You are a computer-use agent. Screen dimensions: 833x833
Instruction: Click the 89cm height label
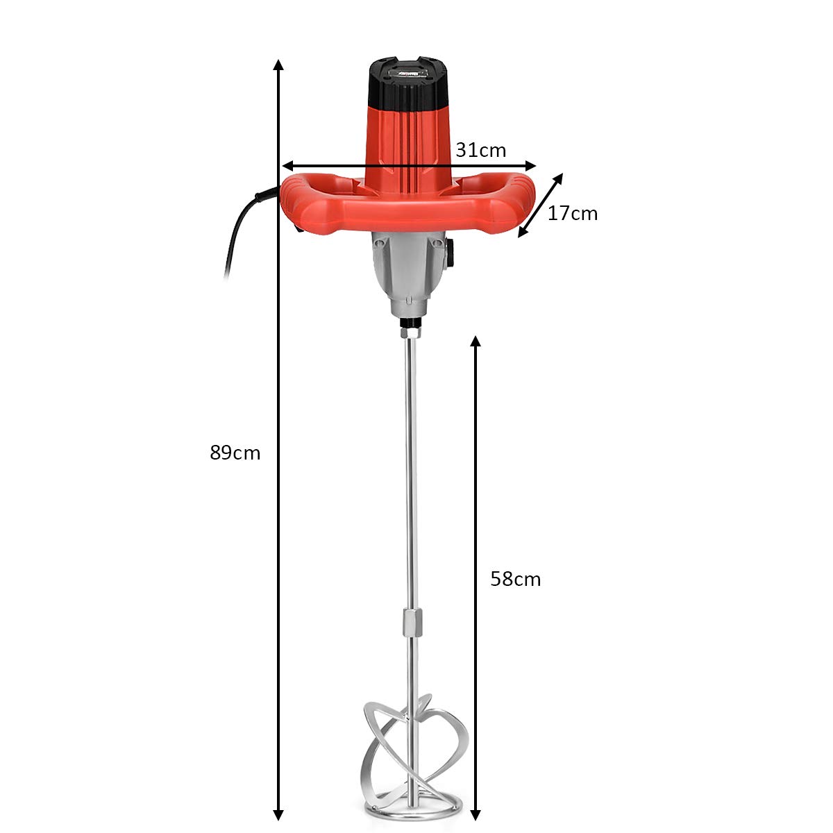[x=235, y=453]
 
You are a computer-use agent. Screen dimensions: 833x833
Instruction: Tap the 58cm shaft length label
[x=515, y=579]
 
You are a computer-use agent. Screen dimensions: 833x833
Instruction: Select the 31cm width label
[x=481, y=150]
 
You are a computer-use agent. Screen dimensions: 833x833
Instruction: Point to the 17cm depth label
[x=572, y=214]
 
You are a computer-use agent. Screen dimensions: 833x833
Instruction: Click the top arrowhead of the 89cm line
[x=278, y=65]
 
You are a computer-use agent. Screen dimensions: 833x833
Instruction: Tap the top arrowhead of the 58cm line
[x=476, y=342]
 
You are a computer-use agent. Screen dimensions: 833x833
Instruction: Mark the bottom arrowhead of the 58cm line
[x=476, y=814]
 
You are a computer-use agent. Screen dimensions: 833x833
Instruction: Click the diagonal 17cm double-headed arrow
[x=541, y=205]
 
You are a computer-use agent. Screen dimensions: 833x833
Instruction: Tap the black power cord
[x=239, y=229]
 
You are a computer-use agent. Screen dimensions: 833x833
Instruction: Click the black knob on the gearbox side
[x=451, y=253]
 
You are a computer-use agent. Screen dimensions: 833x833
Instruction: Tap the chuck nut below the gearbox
[x=411, y=326]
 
